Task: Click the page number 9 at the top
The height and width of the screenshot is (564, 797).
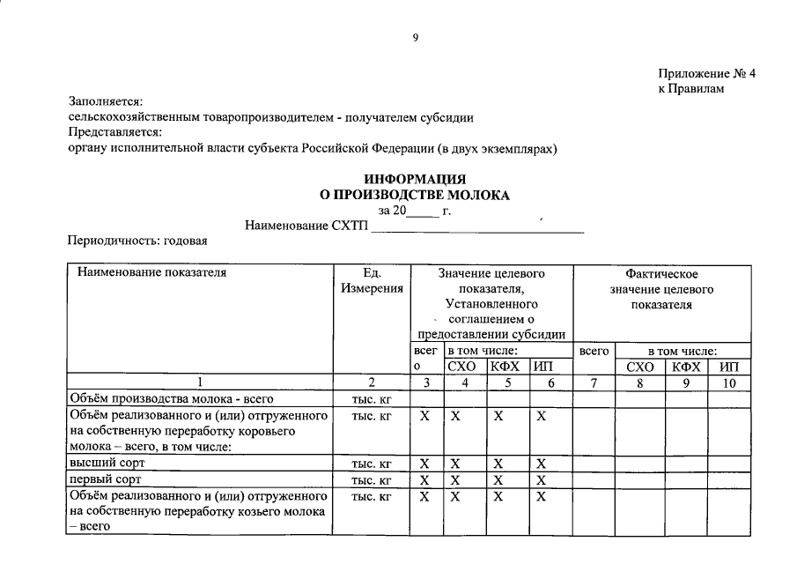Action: click(x=415, y=37)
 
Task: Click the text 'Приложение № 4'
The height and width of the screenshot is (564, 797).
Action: click(x=706, y=73)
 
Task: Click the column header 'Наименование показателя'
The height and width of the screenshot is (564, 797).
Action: click(x=152, y=272)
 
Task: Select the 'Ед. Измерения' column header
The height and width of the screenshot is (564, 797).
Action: click(x=371, y=280)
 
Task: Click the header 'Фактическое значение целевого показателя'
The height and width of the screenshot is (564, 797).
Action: click(x=661, y=289)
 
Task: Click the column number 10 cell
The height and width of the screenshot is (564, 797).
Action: click(x=729, y=382)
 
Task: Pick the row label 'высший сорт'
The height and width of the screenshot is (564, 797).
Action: click(x=107, y=463)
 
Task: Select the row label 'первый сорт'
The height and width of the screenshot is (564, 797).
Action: click(x=106, y=479)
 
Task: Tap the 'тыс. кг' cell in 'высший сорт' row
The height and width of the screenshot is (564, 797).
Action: click(x=371, y=464)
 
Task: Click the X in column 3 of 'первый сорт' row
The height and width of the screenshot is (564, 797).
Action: click(x=424, y=480)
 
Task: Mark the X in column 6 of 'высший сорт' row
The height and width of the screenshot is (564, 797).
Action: click(x=542, y=464)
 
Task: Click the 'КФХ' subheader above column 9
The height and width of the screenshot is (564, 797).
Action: click(x=685, y=367)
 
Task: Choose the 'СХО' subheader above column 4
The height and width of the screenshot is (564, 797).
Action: click(x=463, y=367)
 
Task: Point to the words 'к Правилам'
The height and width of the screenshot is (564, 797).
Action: click(x=690, y=89)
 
